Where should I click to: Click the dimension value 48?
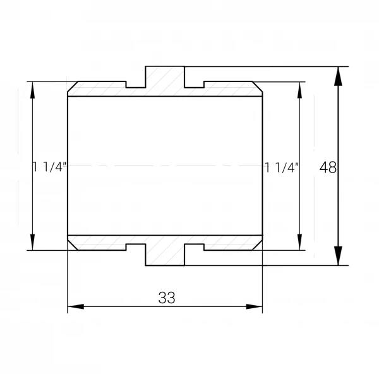(328, 167)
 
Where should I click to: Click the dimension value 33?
(167, 298)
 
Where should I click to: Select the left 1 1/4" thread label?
(49, 167)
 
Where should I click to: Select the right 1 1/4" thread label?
(282, 167)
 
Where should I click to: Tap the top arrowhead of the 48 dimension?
(338, 76)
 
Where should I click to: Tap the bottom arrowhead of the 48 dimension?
(338, 256)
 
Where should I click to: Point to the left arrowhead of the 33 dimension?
(76, 306)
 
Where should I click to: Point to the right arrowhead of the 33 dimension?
(255, 306)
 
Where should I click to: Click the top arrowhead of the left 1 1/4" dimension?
(33, 90)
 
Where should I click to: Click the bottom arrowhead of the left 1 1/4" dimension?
(33, 242)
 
